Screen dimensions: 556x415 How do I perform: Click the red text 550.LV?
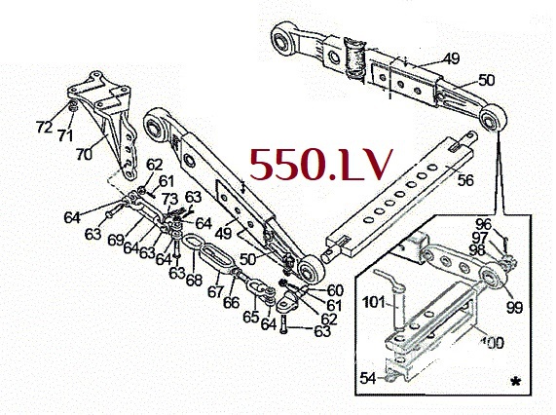[321, 164]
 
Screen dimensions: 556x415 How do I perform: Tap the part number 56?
[465, 180]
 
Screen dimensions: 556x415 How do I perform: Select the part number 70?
[84, 154]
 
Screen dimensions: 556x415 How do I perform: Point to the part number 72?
[44, 127]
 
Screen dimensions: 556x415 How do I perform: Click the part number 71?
[65, 135]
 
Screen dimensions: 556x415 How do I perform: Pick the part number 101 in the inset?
[373, 302]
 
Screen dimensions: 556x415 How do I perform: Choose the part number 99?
[514, 307]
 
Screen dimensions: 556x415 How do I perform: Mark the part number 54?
[368, 378]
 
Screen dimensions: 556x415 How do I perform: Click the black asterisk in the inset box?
[516, 382]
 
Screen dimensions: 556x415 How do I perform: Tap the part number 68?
[194, 280]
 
